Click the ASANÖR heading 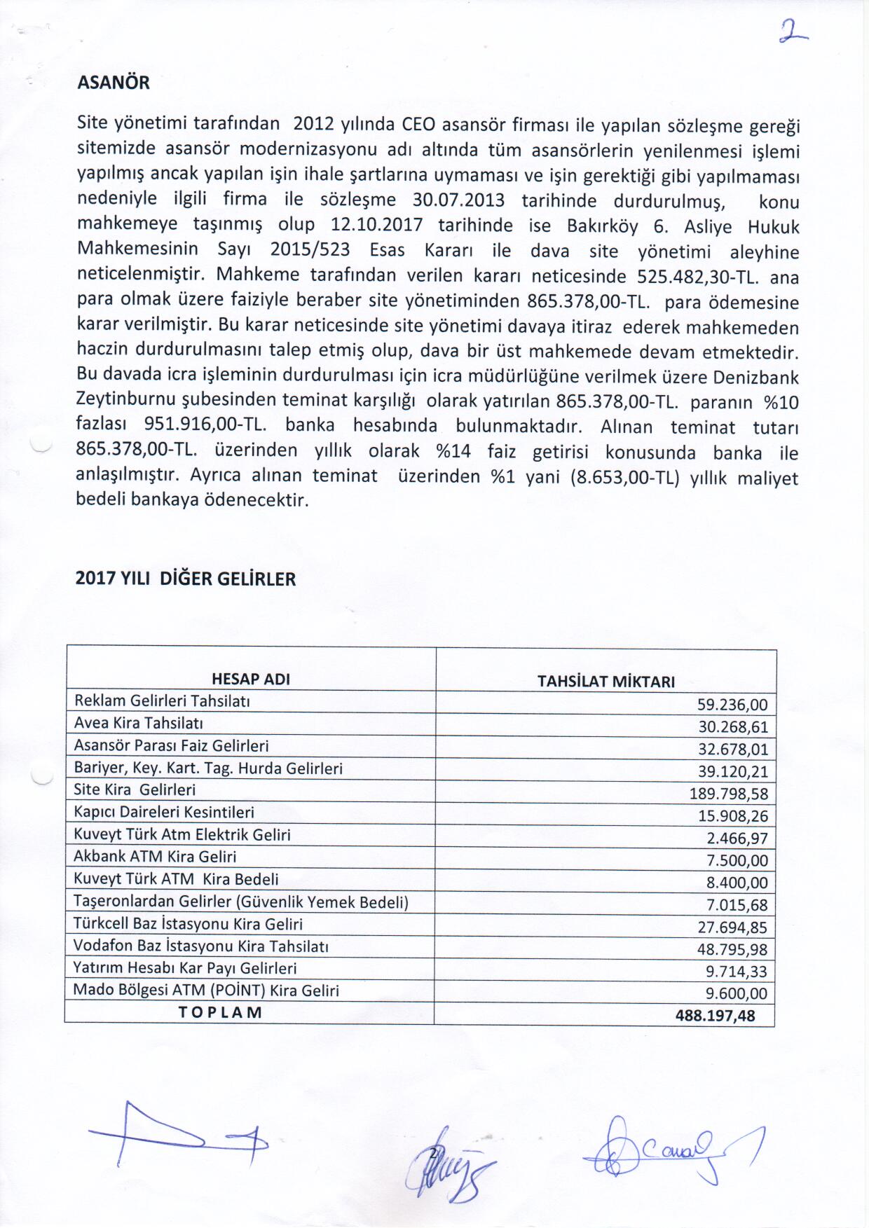[113, 83]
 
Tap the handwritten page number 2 [792, 32]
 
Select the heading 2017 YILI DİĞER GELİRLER [186, 579]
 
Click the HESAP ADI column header [251, 679]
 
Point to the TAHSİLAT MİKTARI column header [605, 682]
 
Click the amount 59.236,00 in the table [732, 705]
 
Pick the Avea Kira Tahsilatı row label [139, 723]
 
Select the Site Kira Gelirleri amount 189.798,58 [729, 794]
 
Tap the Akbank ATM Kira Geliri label [155, 856]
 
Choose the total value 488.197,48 [715, 1015]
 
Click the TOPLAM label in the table [220, 1012]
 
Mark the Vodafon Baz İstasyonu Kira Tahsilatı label [201, 946]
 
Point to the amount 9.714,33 [736, 972]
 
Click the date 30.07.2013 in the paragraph [458, 200]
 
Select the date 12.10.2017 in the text [377, 226]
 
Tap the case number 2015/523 [310, 250]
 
